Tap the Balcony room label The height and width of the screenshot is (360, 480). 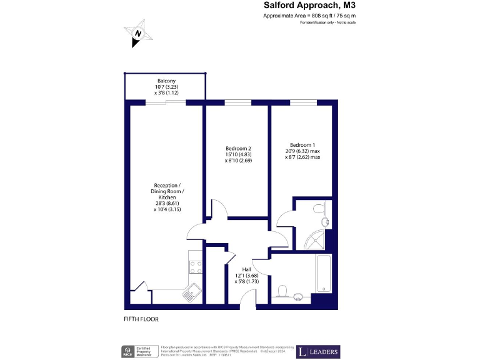166,81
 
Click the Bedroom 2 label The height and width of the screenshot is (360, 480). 237,148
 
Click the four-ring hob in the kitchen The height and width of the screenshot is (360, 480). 196,267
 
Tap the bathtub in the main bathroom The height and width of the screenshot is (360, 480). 324,273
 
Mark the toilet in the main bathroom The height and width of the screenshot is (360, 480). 282,291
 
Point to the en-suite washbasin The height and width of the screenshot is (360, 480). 325,222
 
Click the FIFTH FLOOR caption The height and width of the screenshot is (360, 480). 141,319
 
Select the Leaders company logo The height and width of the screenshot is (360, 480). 318,351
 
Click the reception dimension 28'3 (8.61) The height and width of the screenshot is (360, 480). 167,203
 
